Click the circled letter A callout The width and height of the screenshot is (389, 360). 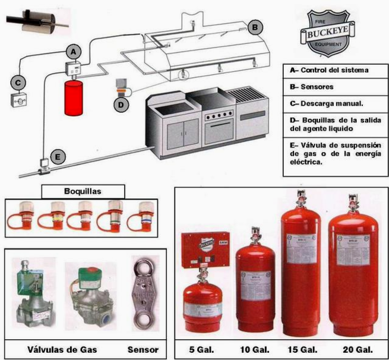[72, 52]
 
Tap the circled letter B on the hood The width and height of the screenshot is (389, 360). [254, 27]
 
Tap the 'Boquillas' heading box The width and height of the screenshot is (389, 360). [83, 191]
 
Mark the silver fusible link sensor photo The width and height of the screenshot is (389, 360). [144, 294]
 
